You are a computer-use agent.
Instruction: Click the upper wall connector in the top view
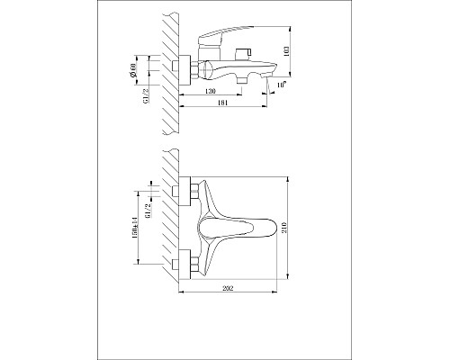190,192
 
